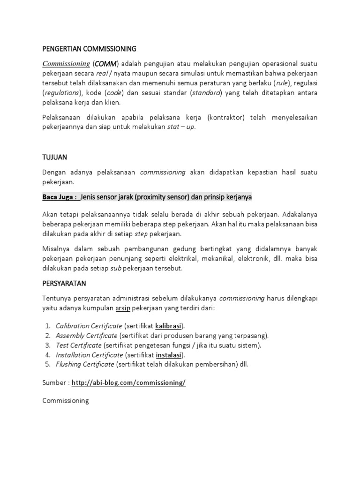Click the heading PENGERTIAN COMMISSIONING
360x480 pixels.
(89, 48)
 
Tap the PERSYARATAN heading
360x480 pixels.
(64, 284)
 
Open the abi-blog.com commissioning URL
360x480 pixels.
(128, 382)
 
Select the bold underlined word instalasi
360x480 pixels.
(169, 354)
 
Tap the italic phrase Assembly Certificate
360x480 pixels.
(86, 335)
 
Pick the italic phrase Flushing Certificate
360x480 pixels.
(85, 364)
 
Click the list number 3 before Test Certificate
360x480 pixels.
(48, 345)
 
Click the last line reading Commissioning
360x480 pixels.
(65, 401)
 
